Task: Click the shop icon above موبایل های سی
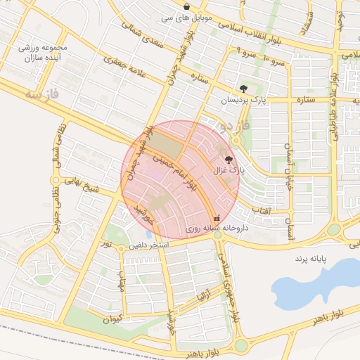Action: [x=186, y=6]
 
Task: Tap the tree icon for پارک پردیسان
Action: [x=243, y=89]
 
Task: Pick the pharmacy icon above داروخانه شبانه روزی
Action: [x=217, y=218]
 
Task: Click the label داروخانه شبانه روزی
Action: [x=207, y=229]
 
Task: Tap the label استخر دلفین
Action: [x=148, y=246]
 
